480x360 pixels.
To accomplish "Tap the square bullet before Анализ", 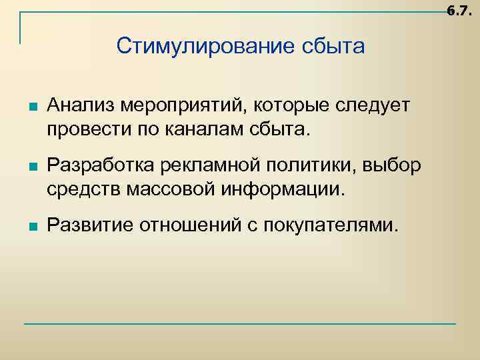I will point(33,106).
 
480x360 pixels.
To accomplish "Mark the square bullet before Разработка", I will point(33,166).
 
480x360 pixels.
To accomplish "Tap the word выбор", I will point(396,166).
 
